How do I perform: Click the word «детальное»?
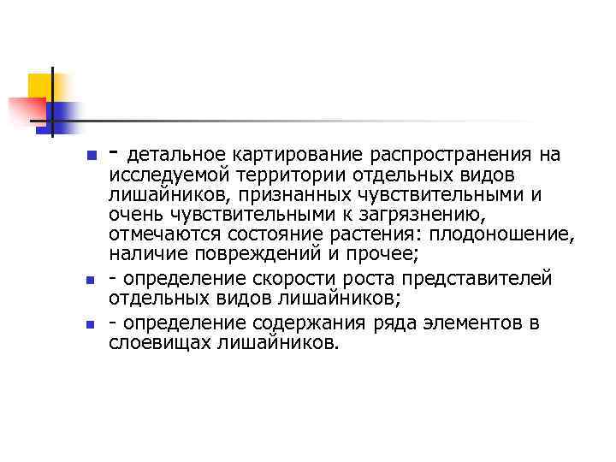point(178,155)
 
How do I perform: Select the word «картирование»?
point(288,155)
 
